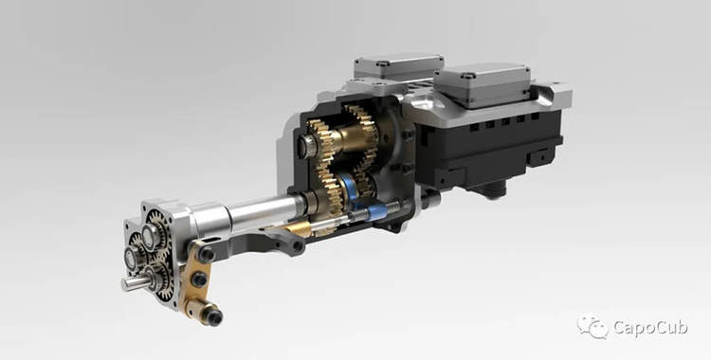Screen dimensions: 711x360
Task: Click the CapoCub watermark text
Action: tap(650, 327)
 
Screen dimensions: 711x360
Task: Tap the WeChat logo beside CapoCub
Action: tap(592, 326)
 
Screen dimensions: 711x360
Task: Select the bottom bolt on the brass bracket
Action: tap(212, 316)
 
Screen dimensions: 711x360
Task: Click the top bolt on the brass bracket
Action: tap(207, 255)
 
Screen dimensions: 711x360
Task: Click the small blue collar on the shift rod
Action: tap(376, 211)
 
